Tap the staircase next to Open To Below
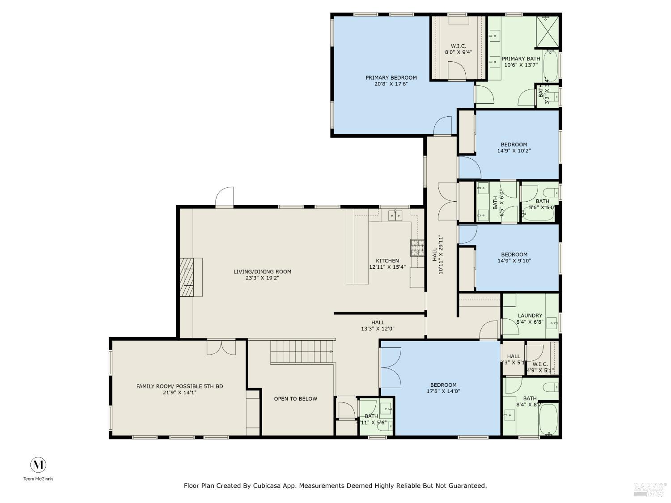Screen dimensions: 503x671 tap(302, 352)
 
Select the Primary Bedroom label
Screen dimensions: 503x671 tap(391, 77)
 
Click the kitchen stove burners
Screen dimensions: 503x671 tap(417, 248)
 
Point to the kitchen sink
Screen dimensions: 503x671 tap(395, 216)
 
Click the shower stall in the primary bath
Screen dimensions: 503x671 tap(548, 31)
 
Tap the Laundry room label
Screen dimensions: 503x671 tap(529, 315)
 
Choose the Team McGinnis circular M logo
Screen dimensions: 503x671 tap(38, 465)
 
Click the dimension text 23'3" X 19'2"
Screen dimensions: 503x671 tap(262, 278)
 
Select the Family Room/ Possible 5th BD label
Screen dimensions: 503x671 tap(179, 386)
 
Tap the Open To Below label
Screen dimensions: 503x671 tap(295, 398)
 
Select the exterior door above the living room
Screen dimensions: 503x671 tap(225, 197)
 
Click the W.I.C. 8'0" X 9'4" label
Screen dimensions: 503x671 tap(458, 49)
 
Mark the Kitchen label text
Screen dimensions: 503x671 tap(387, 261)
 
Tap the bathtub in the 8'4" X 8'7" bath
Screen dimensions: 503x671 tap(548, 419)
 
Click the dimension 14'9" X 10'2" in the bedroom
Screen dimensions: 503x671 tap(514, 151)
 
